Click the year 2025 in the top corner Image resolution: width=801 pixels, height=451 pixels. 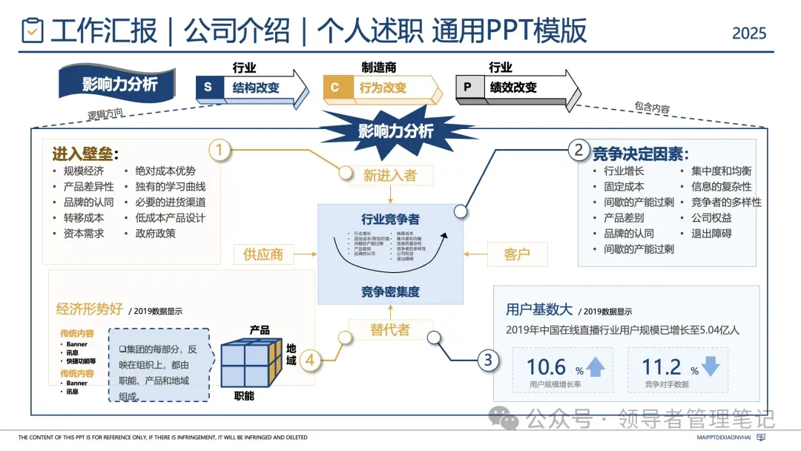tap(749, 33)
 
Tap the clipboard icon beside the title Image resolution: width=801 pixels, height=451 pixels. tap(33, 31)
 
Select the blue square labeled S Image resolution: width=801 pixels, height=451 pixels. tap(208, 88)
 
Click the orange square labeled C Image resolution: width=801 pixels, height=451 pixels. tap(335, 88)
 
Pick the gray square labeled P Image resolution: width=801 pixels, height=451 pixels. tap(467, 88)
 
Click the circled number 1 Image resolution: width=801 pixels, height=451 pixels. tap(220, 151)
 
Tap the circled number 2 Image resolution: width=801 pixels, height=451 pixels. tap(578, 151)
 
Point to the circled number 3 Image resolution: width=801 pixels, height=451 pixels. tap(487, 361)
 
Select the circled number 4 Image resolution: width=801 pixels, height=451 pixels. tap(310, 361)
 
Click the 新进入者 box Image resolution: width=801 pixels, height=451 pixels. tap(389, 175)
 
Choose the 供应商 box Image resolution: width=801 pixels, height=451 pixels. tap(263, 254)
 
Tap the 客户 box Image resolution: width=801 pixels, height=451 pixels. tap(516, 254)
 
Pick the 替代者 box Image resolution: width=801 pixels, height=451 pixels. tap(389, 330)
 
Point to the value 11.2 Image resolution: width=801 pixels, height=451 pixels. tap(662, 367)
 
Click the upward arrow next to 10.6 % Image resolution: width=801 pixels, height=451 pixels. tap(596, 366)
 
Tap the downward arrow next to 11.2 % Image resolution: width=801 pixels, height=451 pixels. tap(710, 366)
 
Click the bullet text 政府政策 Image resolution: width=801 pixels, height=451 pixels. tap(156, 234)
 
